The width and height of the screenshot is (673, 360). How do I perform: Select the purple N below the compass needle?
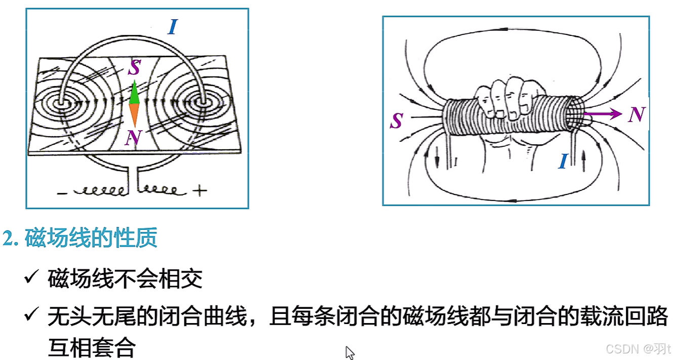coord(134,137)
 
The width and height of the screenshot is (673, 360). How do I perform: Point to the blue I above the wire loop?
coord(173,27)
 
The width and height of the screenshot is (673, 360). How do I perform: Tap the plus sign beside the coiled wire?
coord(200,191)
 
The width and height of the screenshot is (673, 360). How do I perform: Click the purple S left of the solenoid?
coord(397,121)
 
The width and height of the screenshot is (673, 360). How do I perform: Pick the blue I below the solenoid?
coord(562,162)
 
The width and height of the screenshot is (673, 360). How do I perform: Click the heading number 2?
coord(9,238)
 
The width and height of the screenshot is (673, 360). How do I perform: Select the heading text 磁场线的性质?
coord(91,238)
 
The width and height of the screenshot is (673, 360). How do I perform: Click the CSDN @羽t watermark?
coord(638,349)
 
